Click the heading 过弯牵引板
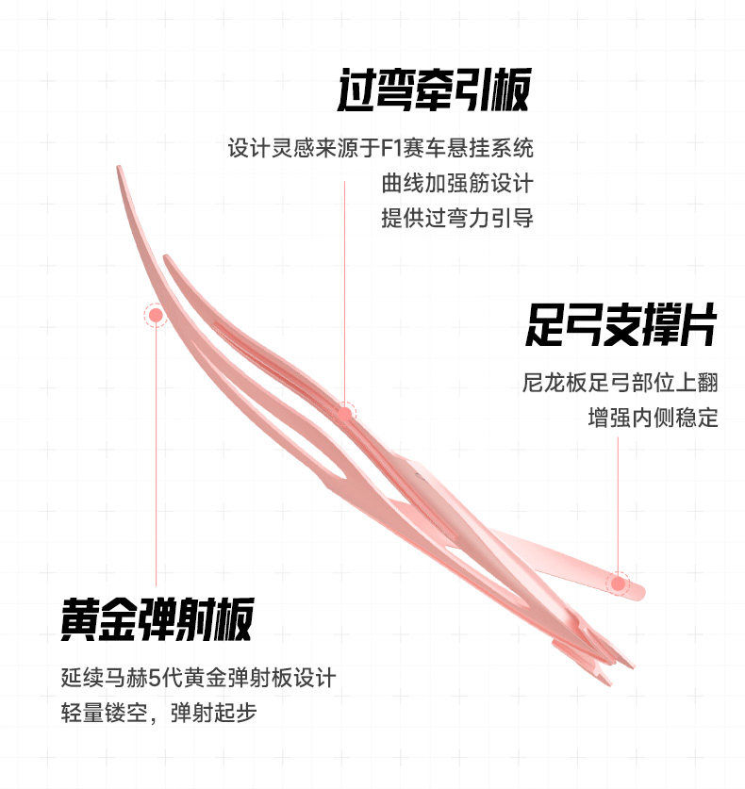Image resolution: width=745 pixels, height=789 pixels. pyautogui.click(x=433, y=91)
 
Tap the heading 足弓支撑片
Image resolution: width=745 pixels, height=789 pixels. pyautogui.click(x=621, y=326)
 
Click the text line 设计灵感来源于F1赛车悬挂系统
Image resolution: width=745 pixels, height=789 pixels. pyautogui.click(x=380, y=148)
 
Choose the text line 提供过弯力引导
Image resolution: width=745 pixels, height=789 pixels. pyautogui.click(x=457, y=218)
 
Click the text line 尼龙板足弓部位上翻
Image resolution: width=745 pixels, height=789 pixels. pyautogui.click(x=620, y=383)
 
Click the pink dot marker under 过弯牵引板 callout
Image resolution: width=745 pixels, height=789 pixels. pyautogui.click(x=344, y=412)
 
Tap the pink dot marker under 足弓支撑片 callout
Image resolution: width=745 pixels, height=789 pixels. pyautogui.click(x=618, y=584)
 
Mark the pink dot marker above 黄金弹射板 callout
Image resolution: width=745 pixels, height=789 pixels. pyautogui.click(x=156, y=315)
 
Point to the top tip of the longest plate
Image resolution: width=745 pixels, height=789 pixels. pyautogui.click(x=120, y=170)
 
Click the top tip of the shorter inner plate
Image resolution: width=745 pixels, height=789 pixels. pyautogui.click(x=166, y=257)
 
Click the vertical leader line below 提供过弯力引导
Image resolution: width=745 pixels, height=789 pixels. pyautogui.click(x=344, y=302)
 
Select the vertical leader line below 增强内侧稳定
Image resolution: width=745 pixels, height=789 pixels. pyautogui.click(x=618, y=500)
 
